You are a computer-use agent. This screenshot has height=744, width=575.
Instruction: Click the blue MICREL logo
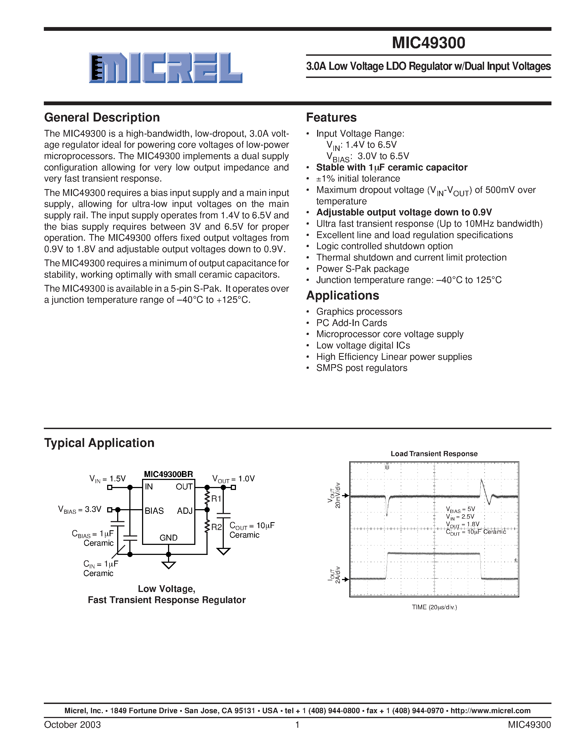(166, 68)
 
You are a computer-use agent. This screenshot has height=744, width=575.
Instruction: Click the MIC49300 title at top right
(428, 43)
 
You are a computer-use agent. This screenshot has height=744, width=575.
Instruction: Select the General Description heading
(102, 117)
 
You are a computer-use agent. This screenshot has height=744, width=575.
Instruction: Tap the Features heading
(331, 117)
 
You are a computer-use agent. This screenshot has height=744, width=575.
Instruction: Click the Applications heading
(342, 295)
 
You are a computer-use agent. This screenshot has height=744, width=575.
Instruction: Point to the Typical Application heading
(99, 443)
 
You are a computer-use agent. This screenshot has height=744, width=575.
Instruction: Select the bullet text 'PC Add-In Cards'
(351, 323)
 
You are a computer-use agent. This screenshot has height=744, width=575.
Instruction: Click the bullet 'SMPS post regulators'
(362, 368)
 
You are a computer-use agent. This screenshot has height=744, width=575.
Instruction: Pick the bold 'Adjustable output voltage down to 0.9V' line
(404, 212)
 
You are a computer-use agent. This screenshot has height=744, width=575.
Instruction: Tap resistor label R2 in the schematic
(216, 527)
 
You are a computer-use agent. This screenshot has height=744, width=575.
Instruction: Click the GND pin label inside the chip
(168, 538)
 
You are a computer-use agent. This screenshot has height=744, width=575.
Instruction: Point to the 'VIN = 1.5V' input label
(107, 479)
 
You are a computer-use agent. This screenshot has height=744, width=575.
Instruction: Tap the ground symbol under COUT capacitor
(223, 551)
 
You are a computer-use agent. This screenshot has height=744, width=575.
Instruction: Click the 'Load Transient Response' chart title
(434, 454)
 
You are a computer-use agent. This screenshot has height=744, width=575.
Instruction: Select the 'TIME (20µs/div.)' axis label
(434, 607)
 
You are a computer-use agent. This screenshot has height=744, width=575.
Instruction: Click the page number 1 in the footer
(297, 725)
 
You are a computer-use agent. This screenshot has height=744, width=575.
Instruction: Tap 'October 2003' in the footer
(72, 725)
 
